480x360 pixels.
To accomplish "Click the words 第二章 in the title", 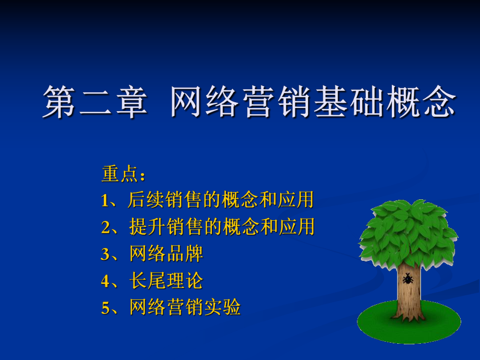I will (94, 102).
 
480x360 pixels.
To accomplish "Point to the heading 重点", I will (120, 174).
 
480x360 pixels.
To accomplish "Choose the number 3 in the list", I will (105, 254).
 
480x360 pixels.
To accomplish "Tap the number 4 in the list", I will (105, 281).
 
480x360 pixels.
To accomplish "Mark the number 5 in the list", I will (105, 308).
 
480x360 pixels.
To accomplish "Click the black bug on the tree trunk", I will (407, 279).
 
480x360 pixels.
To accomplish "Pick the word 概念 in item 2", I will (240, 227).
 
